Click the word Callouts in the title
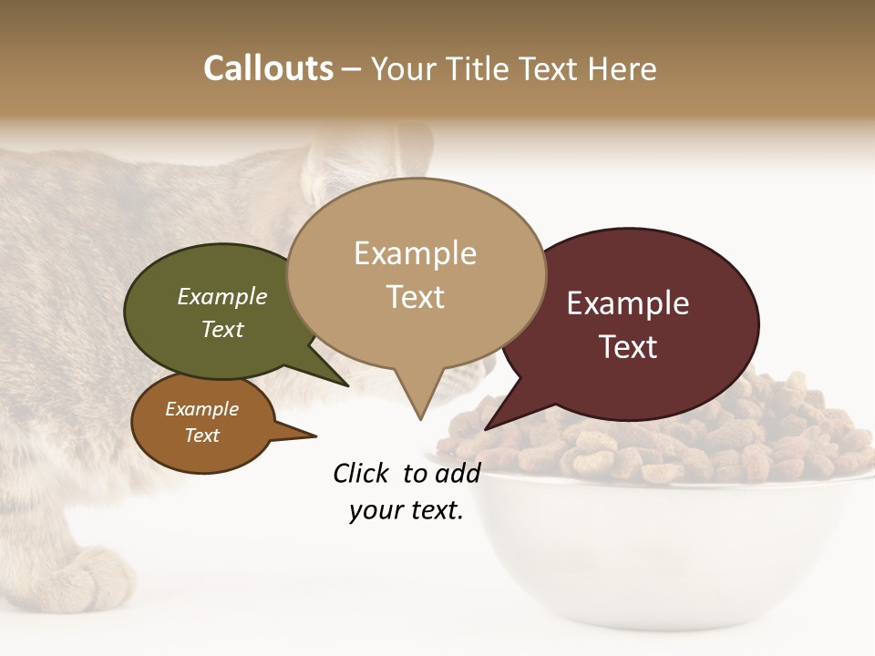(x=268, y=69)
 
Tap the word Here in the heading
(x=623, y=69)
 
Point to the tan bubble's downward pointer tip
(x=420, y=418)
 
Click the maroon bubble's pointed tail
(x=489, y=425)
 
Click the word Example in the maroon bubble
(x=628, y=303)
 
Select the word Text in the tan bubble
(x=416, y=297)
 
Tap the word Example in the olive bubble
(x=222, y=297)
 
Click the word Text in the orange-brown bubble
(x=202, y=436)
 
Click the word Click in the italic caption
(x=363, y=473)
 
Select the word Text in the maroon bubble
(x=629, y=347)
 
